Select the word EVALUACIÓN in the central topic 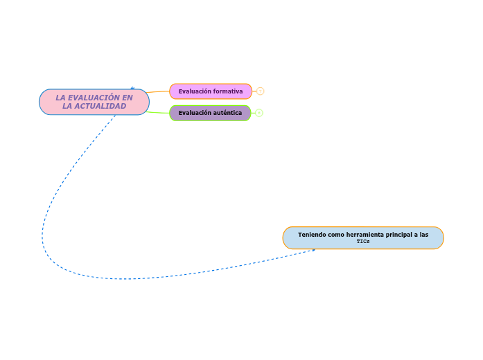click(x=94, y=98)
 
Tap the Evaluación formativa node click(x=211, y=91)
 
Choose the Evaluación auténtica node click(x=210, y=113)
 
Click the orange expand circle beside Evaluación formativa click(x=261, y=91)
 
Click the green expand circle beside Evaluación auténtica click(x=259, y=113)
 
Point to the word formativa click(x=228, y=91)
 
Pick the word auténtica click(x=227, y=113)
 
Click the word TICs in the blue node click(x=363, y=242)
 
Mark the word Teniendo click(x=311, y=235)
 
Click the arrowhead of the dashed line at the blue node click(x=313, y=250)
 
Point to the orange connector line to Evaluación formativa click(x=159, y=91)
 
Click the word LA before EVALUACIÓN click(x=61, y=98)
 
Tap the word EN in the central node click(x=127, y=98)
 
